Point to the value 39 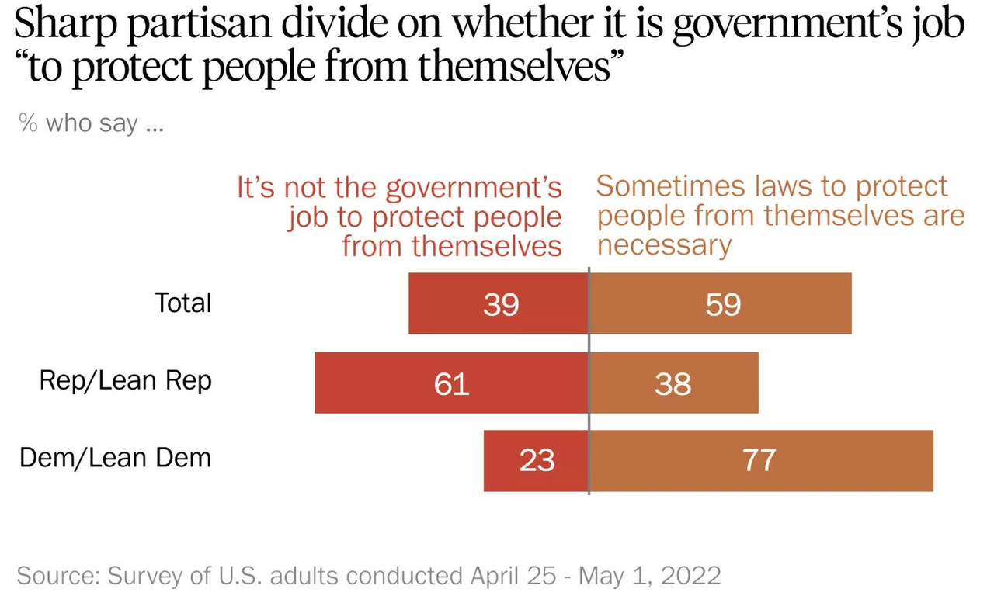[500, 304]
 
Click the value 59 [723, 304]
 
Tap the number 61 [451, 383]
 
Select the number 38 [673, 383]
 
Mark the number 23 [537, 461]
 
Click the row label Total [183, 303]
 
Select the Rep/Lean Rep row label [126, 381]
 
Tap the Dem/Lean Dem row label [115, 458]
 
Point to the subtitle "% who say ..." [92, 124]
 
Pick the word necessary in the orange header [665, 246]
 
